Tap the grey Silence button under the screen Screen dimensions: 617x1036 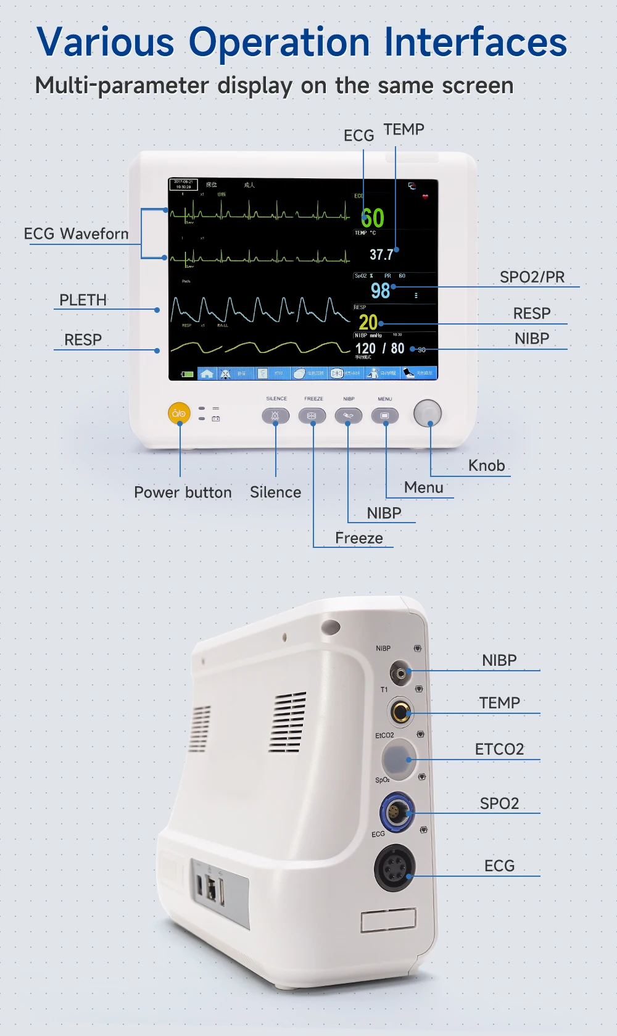pos(275,416)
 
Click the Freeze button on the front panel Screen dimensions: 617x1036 pos(312,416)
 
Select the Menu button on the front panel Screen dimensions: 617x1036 pos(385,416)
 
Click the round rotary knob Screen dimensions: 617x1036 pos(428,413)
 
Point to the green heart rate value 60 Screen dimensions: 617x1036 pos(372,218)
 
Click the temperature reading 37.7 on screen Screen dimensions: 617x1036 pos(381,254)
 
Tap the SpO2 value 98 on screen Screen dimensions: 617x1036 pos(380,290)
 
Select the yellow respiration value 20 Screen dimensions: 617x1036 pos(368,321)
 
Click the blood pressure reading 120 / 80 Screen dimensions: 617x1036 pos(379,349)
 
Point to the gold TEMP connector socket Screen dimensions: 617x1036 pos(401,712)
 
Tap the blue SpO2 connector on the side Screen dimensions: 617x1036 pos(397,812)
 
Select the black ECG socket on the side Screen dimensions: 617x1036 pos(395,868)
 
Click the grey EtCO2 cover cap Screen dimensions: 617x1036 pos(398,758)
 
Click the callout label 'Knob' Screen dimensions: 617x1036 pos(486,465)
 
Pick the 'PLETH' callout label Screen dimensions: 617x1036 pos(83,300)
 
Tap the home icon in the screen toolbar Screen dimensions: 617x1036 pos(207,373)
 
